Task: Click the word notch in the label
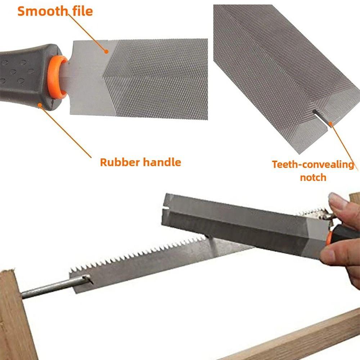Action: pos(313,177)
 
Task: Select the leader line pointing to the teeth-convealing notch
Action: pos(344,144)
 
